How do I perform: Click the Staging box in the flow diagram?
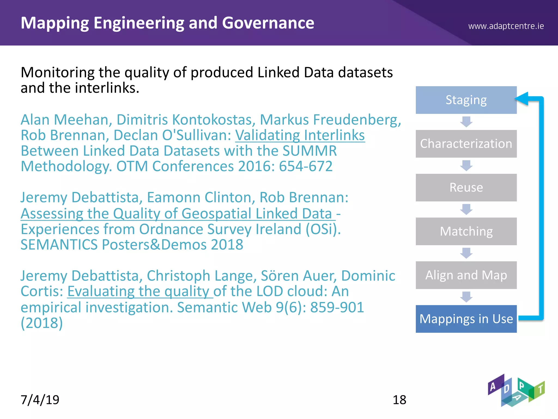point(466,100)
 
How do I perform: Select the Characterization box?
point(466,144)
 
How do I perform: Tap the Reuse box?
point(466,188)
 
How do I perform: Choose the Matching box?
point(466,231)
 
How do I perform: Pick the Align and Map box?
point(466,275)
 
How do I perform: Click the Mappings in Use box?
point(466,319)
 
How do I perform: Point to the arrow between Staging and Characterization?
point(466,122)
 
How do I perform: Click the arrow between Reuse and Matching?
point(466,209)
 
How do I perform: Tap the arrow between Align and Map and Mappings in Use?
point(466,297)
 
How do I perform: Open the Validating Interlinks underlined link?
point(300,135)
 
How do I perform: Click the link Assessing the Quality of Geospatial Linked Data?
point(177,214)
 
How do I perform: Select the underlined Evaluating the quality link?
point(139,291)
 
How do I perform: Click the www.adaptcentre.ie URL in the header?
point(506,26)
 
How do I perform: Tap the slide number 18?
point(399,400)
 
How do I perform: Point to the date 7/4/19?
point(40,400)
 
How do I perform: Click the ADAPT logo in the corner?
point(516,391)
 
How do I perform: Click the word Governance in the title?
point(268,23)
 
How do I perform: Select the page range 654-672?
point(306,166)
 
